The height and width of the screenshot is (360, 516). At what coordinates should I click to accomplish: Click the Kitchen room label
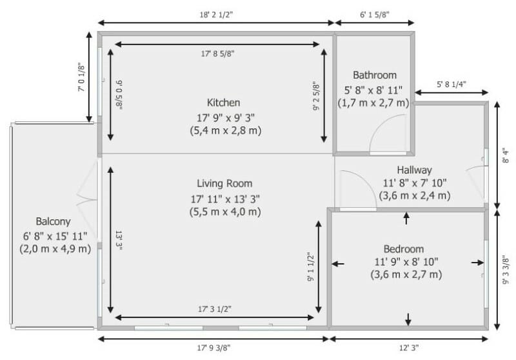223,103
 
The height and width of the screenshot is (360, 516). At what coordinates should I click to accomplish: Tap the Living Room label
224,183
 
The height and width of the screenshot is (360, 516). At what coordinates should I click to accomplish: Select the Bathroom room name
375,75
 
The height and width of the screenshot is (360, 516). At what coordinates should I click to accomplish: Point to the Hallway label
414,170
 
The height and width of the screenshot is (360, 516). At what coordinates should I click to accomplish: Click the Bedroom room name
404,249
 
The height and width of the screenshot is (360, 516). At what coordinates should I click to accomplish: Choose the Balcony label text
54,221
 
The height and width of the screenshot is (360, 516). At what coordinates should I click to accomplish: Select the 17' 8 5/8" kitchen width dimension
217,54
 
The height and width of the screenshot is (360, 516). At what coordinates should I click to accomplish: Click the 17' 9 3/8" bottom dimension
213,348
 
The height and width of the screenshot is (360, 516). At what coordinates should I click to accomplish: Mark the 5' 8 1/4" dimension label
451,84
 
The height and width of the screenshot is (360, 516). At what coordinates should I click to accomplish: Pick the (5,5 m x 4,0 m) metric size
224,212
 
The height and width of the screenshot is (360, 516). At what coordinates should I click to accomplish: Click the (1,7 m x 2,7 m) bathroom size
375,103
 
